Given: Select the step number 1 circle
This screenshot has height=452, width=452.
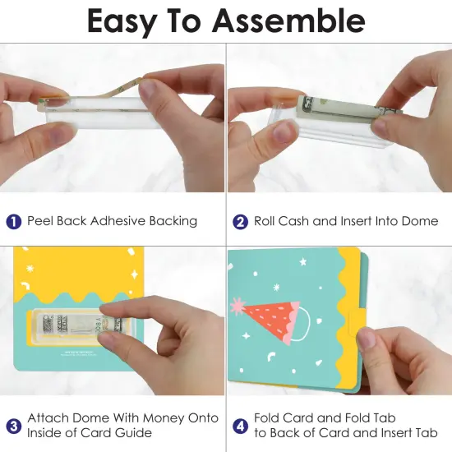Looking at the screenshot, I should tap(14, 221).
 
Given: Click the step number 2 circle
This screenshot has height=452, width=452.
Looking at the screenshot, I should tap(241, 221).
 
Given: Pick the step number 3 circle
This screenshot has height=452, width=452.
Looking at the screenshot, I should tap(14, 426).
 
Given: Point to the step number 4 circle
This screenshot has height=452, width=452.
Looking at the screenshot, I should tap(241, 426).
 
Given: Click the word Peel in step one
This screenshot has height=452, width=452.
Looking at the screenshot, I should tap(41, 221).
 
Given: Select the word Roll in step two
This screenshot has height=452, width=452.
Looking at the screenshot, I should tap(265, 221).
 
